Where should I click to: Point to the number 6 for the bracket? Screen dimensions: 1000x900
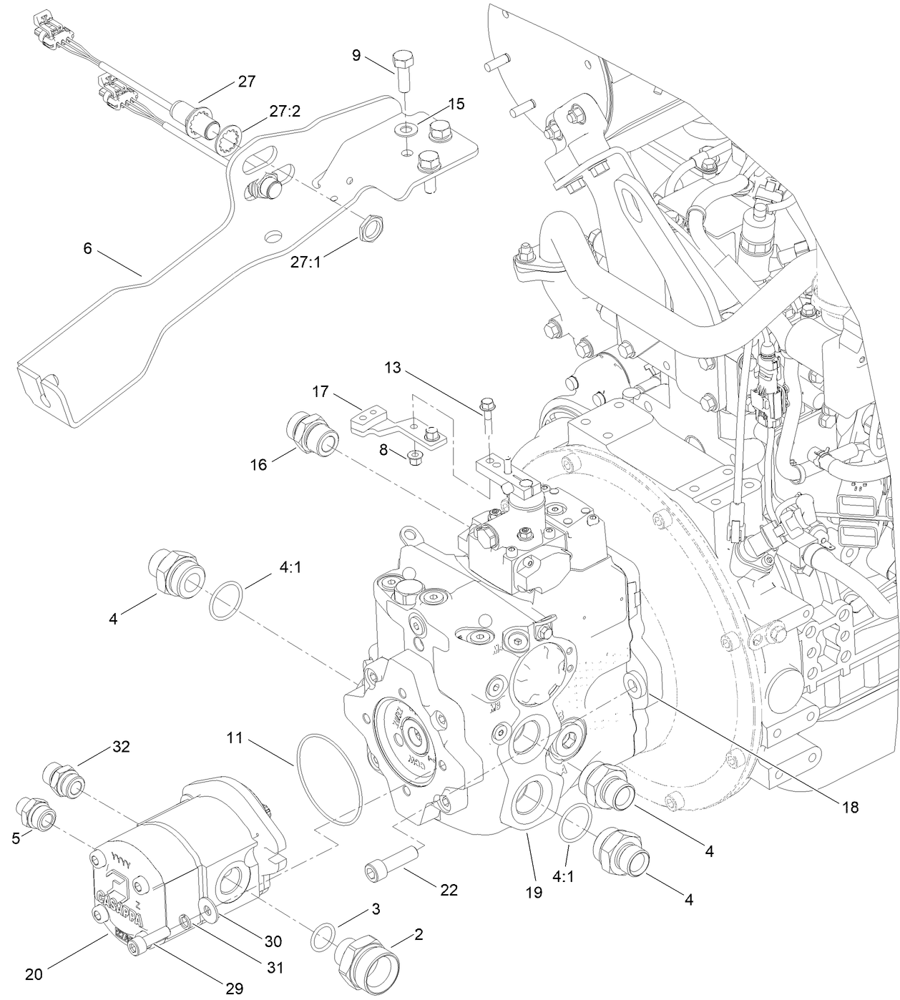pyautogui.click(x=87, y=248)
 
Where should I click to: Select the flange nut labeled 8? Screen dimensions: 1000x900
pyautogui.click(x=413, y=456)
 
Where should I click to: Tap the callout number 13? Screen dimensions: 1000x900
pyautogui.click(x=393, y=368)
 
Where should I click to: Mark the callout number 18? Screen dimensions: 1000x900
pyautogui.click(x=850, y=807)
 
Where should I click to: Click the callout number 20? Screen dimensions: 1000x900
pyautogui.click(x=34, y=974)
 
